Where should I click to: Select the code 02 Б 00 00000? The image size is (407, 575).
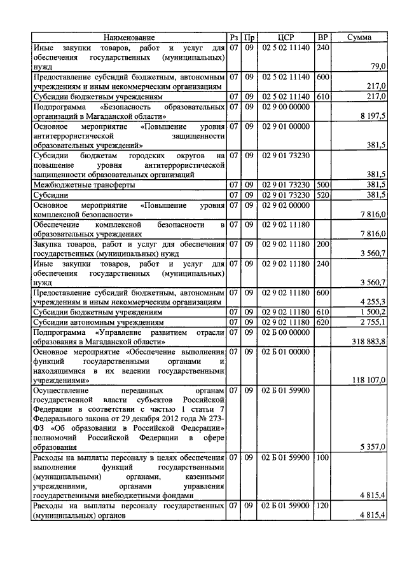(x=286, y=332)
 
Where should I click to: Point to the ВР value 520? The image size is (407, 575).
(x=322, y=194)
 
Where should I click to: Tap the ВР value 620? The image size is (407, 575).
(x=322, y=322)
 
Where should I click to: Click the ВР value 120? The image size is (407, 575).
(x=322, y=506)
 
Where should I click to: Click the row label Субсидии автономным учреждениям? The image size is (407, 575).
(x=89, y=322)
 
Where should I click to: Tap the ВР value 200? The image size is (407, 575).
(x=322, y=244)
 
